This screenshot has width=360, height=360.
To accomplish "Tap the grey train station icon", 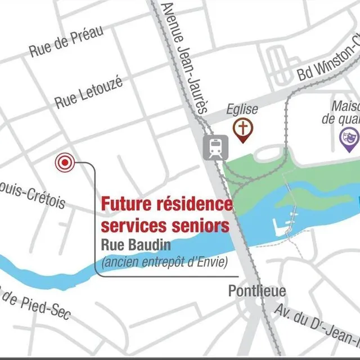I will (x=214, y=147).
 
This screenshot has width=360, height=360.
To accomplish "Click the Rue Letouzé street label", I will (x=89, y=93).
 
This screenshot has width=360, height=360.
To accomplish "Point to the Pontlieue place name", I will (x=257, y=291).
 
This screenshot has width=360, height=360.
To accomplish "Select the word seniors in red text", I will (x=200, y=226).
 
